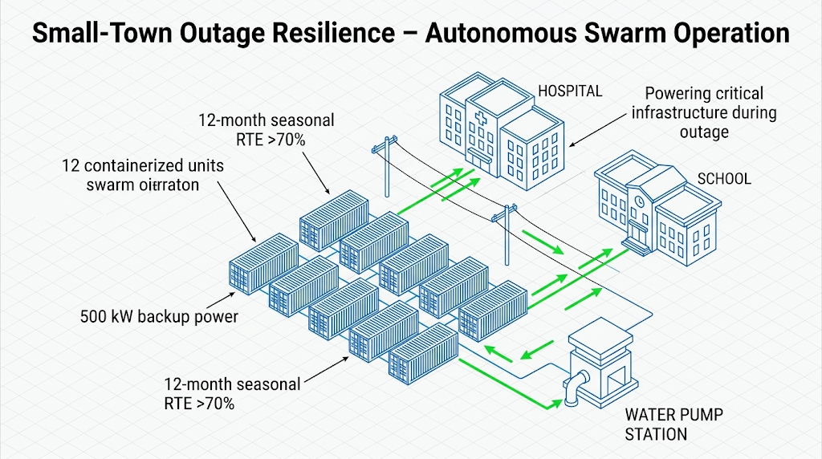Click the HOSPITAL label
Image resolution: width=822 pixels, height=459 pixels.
pos(570,91)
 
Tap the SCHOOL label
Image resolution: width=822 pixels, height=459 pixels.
pos(724,178)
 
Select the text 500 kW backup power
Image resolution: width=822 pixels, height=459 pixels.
pos(159,316)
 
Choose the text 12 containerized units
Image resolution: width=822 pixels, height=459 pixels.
pos(143,166)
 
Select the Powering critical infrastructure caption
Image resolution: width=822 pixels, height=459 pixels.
pos(703,112)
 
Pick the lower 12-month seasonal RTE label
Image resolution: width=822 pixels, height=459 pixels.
pos(232,393)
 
